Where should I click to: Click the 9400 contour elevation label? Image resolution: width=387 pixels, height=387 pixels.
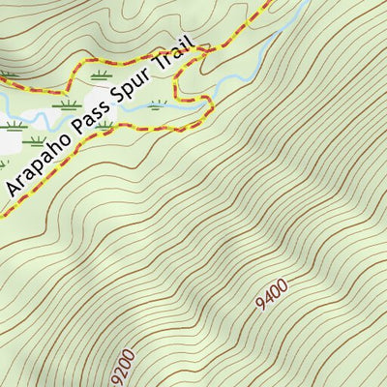[273, 291]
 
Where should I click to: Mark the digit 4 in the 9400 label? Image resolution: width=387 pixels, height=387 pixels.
[268, 297]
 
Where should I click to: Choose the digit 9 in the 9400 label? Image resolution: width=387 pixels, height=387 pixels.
[261, 306]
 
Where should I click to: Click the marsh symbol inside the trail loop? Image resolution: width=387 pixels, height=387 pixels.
[156, 104]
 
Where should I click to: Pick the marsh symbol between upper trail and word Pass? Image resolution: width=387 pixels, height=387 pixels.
[100, 74]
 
